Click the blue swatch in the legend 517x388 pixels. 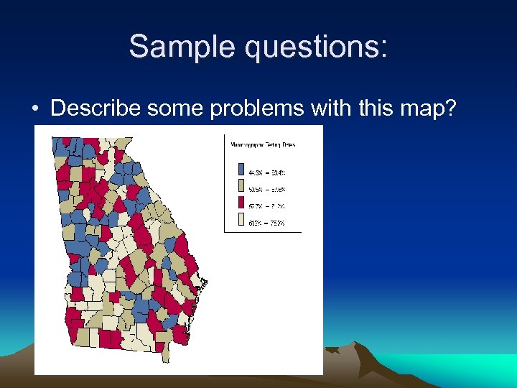pos(241,171)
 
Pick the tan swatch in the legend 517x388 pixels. pos(241,188)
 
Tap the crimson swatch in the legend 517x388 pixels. pos(241,205)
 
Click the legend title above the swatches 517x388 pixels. pos(263,144)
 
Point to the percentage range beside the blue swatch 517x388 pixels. pos(267,172)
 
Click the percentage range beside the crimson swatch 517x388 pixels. pos(267,206)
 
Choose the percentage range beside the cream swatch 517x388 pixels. pos(267,223)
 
